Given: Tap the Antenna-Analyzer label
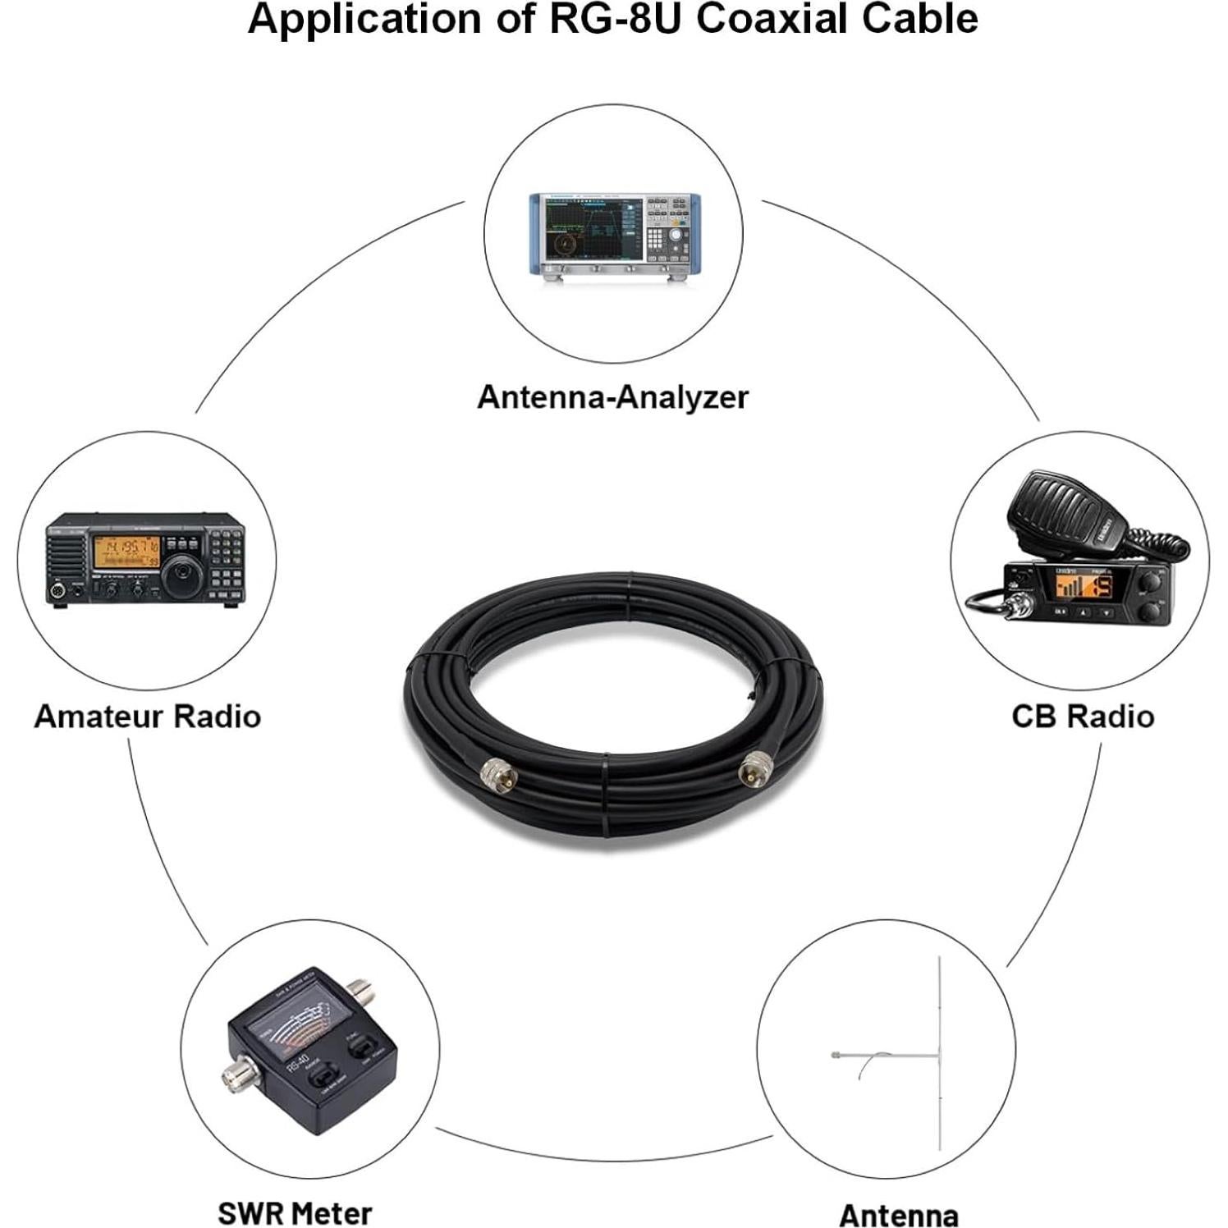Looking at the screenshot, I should [x=612, y=397].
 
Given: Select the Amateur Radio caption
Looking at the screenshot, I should [x=148, y=717].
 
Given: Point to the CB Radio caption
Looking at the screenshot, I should [x=1083, y=717].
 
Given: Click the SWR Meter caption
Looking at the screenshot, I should [x=295, y=1212].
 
